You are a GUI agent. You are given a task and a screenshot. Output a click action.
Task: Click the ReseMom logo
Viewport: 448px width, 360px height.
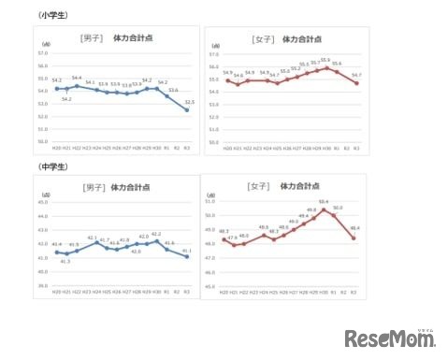(391, 337)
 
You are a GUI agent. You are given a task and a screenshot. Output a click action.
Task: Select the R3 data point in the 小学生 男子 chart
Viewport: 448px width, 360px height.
(187, 110)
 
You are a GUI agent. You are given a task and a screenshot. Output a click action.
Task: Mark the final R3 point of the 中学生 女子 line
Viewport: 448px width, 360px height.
(354, 238)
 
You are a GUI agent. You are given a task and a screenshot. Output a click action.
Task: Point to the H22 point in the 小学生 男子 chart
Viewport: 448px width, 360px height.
(76, 85)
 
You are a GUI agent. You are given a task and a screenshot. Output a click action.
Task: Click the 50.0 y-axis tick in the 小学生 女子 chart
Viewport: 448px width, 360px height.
(214, 140)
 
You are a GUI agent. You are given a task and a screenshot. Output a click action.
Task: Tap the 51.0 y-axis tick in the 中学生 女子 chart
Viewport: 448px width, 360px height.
(210, 201)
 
